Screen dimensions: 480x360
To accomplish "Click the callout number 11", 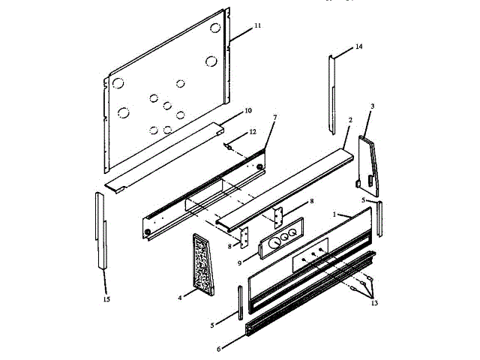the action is (x=257, y=25).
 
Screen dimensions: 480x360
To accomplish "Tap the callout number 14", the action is (x=358, y=46).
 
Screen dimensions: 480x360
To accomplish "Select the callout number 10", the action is (x=248, y=110).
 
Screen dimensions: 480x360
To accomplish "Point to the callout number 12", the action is (x=253, y=131).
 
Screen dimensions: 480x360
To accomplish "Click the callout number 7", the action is (x=274, y=118).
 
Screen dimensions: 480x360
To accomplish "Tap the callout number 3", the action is (x=372, y=106).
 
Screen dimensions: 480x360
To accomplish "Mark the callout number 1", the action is (x=337, y=214).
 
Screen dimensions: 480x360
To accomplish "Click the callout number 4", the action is (x=180, y=298).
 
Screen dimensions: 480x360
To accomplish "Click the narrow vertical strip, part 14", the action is (x=331, y=94).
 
